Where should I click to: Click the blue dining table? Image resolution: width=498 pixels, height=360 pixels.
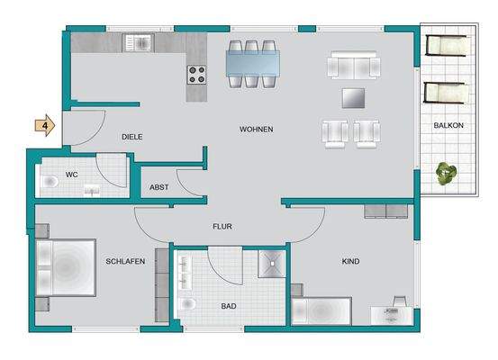tap(252, 63)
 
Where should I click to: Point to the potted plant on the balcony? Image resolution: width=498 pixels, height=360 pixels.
tap(444, 172)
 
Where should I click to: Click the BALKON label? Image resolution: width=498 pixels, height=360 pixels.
tap(448, 126)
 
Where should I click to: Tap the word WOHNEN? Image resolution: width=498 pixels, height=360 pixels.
tap(256, 130)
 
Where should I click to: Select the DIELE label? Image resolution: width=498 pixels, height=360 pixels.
tap(132, 137)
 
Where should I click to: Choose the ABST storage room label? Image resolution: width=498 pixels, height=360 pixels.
tap(159, 187)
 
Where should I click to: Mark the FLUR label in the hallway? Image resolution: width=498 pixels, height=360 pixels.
tap(222, 227)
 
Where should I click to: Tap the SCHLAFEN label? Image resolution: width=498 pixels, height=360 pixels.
tap(125, 261)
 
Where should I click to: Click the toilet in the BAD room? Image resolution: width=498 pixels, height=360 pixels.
tap(187, 305)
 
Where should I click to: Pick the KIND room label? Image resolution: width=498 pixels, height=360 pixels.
tap(350, 262)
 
